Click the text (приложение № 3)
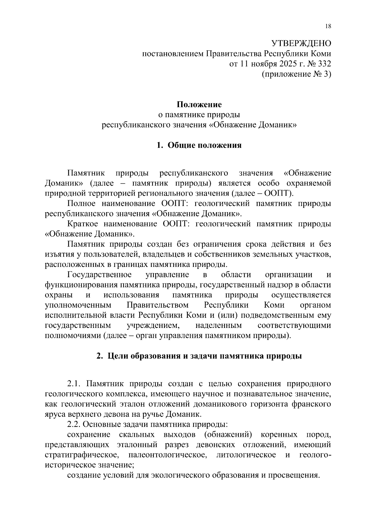click(x=296, y=74)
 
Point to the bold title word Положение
click(x=199, y=105)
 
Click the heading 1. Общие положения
click(x=199, y=145)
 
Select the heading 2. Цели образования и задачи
click(x=199, y=356)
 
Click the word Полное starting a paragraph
click(x=81, y=204)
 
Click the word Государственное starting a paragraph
click(x=99, y=275)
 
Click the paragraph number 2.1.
click(x=75, y=384)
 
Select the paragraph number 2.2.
click(x=75, y=425)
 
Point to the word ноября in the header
click(x=263, y=64)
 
